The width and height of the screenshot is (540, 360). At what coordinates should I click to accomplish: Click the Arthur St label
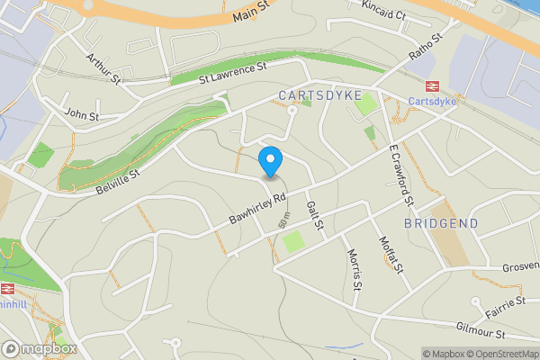pos(103,68)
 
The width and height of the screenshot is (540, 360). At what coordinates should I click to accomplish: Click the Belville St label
pos(118,175)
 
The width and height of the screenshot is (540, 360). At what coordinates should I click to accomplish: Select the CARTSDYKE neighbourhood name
pos(320,94)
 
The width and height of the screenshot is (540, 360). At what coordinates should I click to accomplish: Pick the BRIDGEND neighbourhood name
pos(441,222)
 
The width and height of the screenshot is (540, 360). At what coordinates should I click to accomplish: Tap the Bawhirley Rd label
pos(256,208)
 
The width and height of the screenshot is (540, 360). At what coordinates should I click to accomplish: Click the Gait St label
pos(314,216)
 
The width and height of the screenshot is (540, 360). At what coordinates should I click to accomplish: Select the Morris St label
pos(354,267)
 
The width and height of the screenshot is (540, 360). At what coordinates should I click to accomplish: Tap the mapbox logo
pos(40,348)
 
